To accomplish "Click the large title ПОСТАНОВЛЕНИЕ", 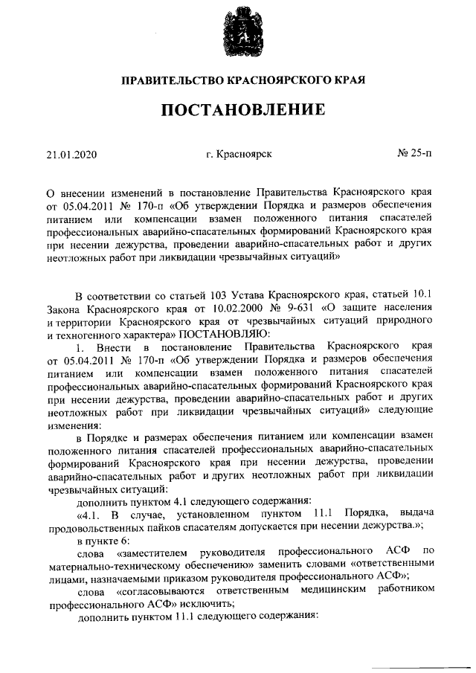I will (238, 111).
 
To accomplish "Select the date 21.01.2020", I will (71, 155).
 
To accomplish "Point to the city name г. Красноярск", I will (239, 154).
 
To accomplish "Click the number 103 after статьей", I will (183, 293).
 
